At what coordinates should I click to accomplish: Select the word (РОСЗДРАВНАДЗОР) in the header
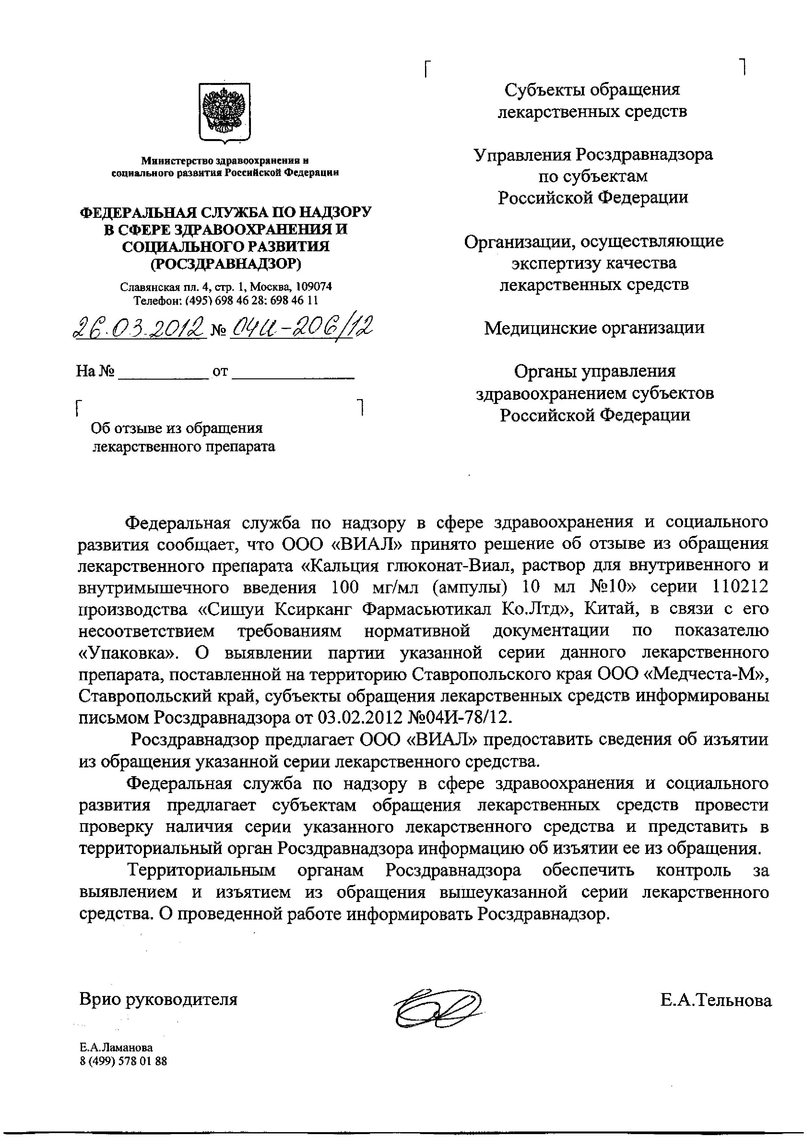coord(225,264)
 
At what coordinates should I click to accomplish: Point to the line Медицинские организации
coord(594,328)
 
